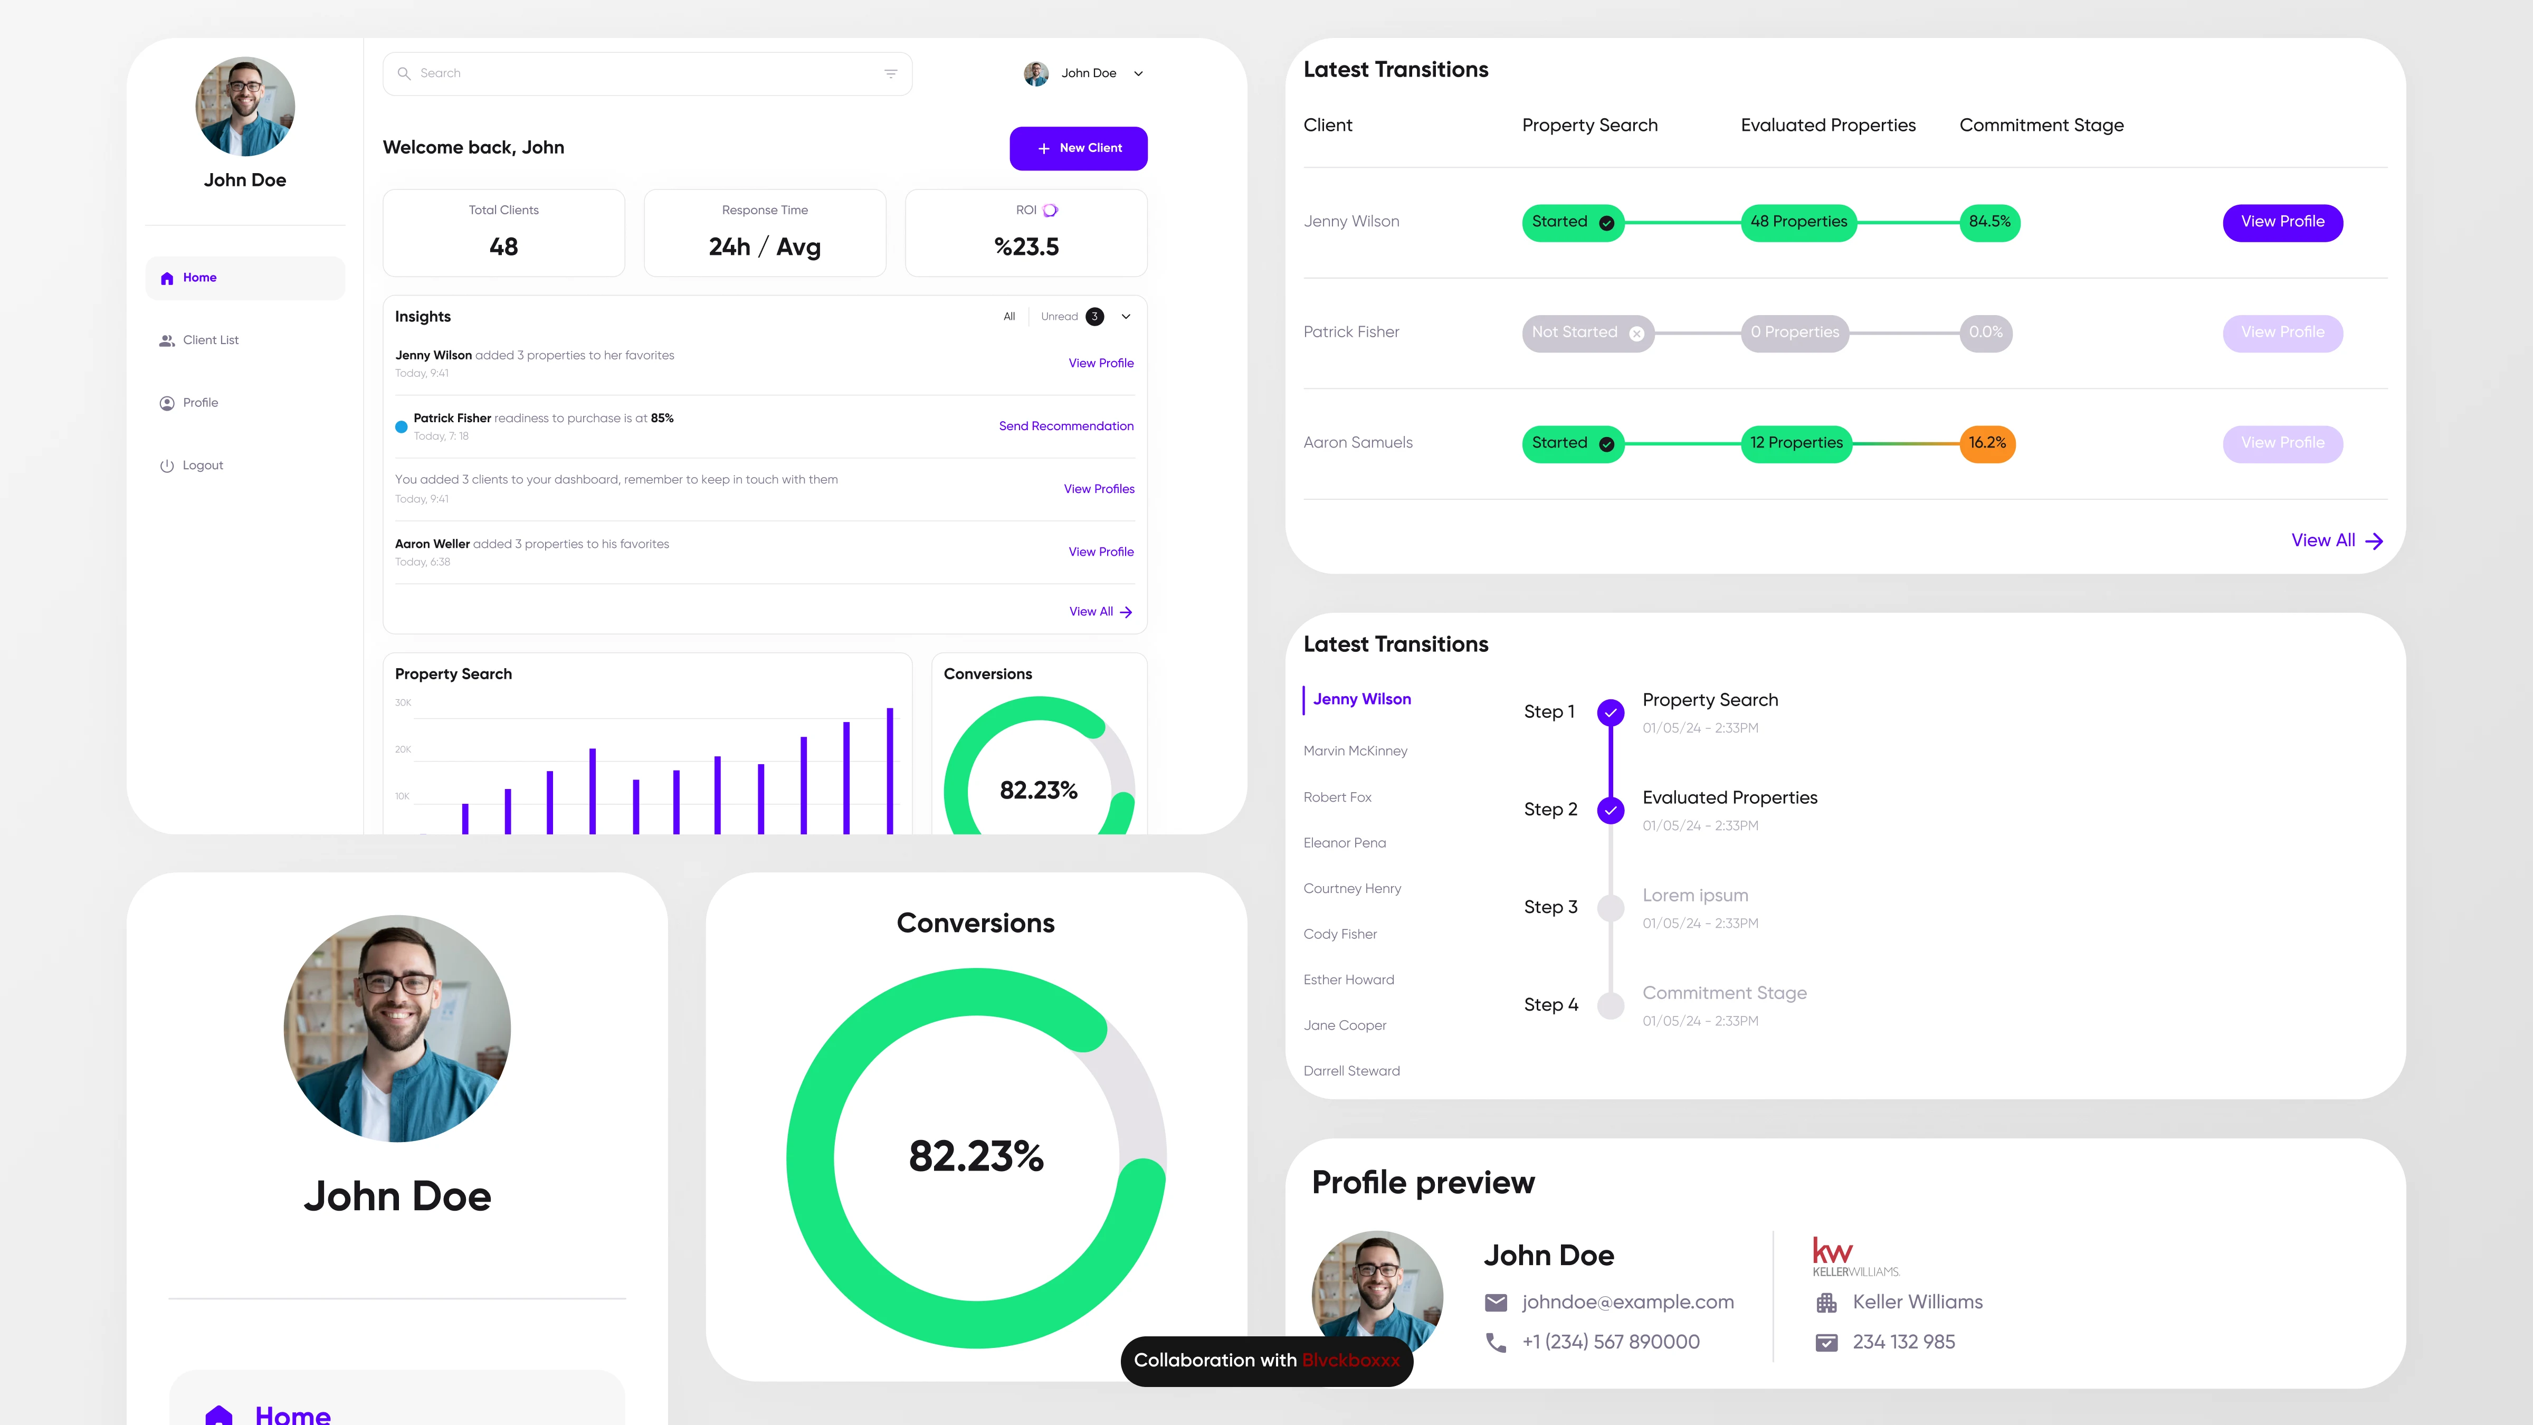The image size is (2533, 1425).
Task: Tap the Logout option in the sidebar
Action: pyautogui.click(x=203, y=465)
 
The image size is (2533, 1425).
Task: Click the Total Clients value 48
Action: pyautogui.click(x=503, y=247)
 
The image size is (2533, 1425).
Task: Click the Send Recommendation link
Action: pyautogui.click(x=1066, y=426)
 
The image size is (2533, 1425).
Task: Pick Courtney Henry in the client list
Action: pyautogui.click(x=1352, y=889)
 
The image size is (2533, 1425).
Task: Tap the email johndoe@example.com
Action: pyautogui.click(x=1627, y=1302)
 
